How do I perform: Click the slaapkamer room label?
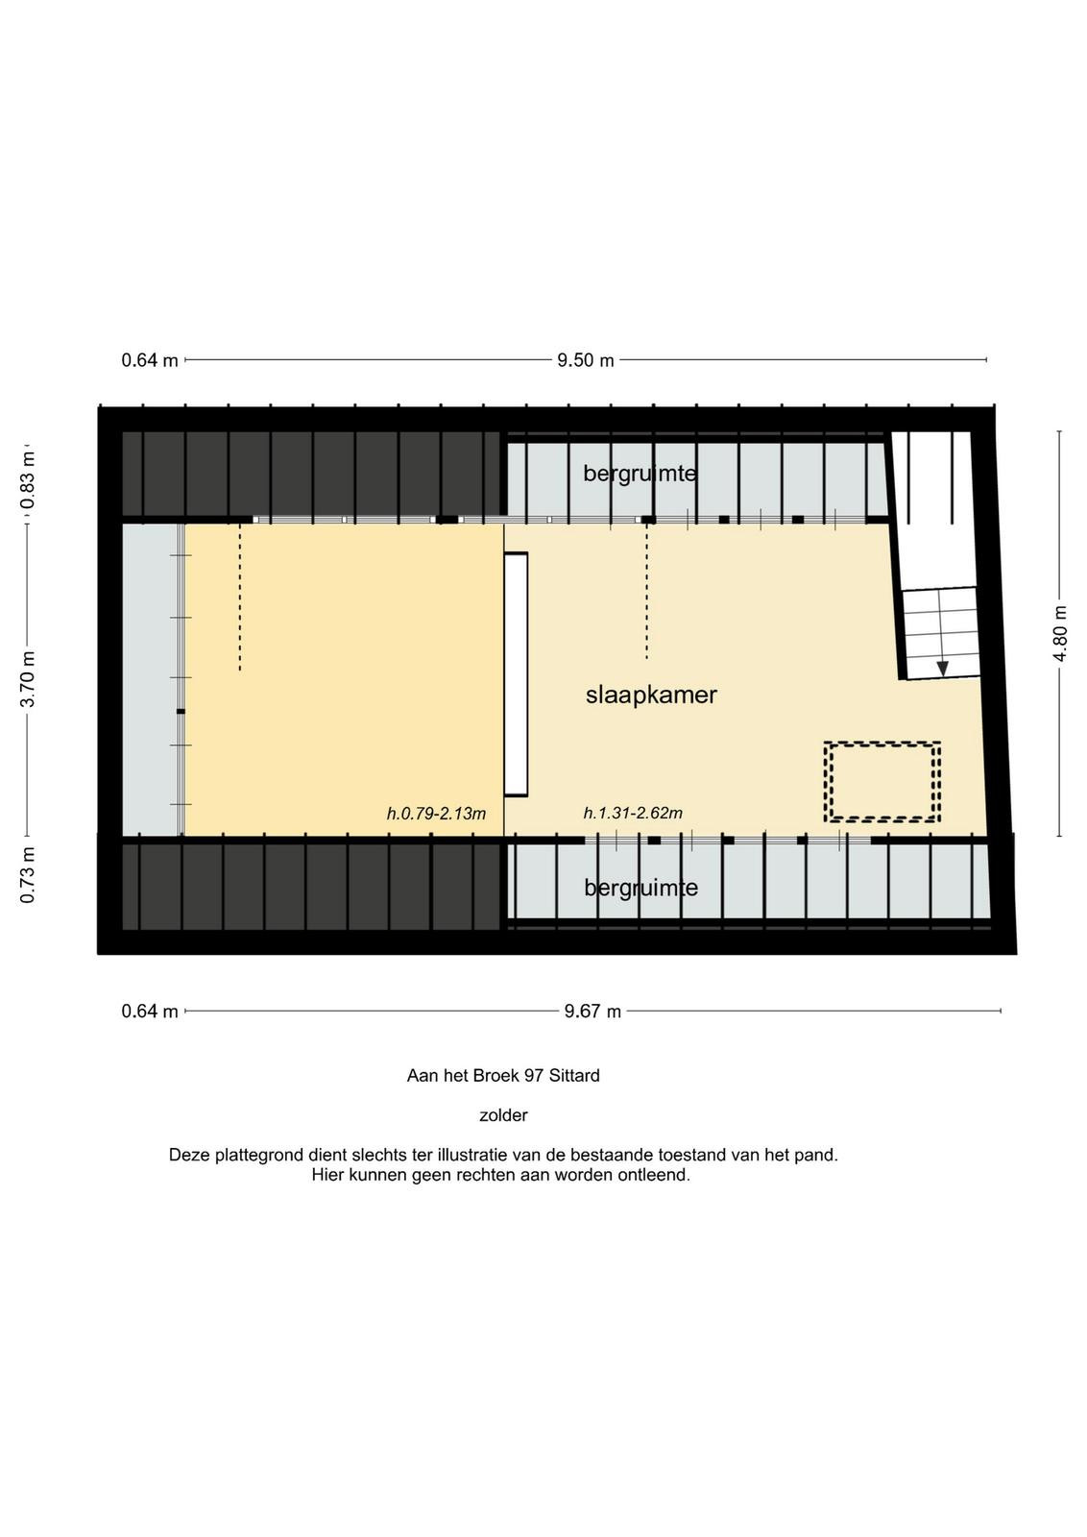pos(651,695)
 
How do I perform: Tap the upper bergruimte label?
pos(640,474)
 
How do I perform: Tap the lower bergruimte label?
pos(640,888)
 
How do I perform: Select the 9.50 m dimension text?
pos(585,360)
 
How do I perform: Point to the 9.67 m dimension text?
pos(592,1012)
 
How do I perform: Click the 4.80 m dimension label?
pos(1060,633)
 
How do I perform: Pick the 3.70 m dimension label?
pos(28,679)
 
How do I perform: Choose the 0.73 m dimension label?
pos(28,875)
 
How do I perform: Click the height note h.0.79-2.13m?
pos(436,814)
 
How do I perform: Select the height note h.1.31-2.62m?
pos(633,813)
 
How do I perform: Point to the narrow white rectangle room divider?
pos(516,673)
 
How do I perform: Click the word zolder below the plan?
pos(503,1115)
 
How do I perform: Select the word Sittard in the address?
pos(574,1076)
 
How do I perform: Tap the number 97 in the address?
pos(534,1076)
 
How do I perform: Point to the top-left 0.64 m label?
pos(150,360)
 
